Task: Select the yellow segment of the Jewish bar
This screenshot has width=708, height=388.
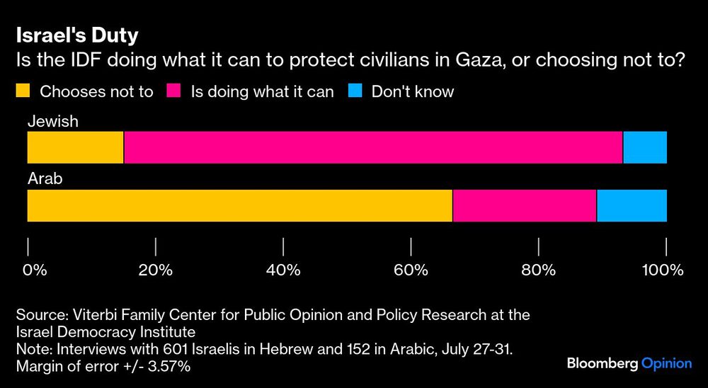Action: [75, 147]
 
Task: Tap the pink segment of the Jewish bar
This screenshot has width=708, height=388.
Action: [373, 147]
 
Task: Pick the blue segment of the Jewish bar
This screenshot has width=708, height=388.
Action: [644, 147]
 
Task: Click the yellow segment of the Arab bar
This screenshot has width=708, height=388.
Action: [239, 205]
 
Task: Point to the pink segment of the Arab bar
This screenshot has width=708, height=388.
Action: [524, 205]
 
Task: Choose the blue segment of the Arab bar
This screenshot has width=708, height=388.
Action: [632, 205]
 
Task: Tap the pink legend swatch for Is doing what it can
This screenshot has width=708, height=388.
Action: [173, 91]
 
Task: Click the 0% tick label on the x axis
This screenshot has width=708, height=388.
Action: [34, 270]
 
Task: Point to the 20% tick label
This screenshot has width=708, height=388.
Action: [156, 270]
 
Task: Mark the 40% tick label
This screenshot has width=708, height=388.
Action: [283, 270]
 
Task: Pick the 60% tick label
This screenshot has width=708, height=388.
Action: [411, 270]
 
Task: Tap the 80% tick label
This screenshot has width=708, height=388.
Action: [539, 270]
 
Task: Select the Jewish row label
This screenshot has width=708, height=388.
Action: [52, 122]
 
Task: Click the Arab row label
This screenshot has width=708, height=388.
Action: [45, 179]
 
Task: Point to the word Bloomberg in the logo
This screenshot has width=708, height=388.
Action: [602, 363]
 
